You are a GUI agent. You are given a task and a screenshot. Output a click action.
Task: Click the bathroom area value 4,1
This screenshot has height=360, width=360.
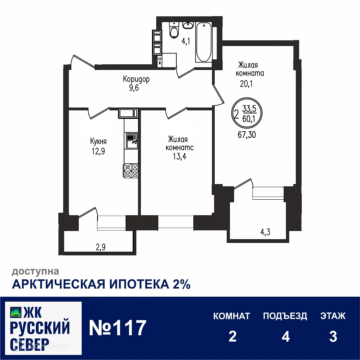[x=186, y=42]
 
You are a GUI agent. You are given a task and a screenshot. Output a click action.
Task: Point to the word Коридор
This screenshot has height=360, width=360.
[x=136, y=79]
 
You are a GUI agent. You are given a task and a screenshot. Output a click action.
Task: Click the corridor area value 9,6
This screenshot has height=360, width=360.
[x=136, y=89]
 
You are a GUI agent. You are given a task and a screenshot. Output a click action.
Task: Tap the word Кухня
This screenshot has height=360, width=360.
[x=98, y=141]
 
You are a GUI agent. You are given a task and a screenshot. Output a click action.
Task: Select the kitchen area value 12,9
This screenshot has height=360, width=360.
[x=98, y=151]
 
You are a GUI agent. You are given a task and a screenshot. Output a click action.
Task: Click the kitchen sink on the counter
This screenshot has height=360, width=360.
[x=131, y=138]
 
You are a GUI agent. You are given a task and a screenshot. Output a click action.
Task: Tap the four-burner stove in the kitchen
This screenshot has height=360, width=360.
[x=131, y=170]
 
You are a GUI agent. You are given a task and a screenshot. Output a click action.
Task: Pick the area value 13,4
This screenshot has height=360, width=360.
[x=177, y=157]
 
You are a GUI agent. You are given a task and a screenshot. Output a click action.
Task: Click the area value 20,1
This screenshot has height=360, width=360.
[x=246, y=84]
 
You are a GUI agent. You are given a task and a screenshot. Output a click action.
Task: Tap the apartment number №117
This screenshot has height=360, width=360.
[x=118, y=328]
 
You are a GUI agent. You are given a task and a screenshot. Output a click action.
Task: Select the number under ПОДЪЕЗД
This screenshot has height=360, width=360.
[x=285, y=337]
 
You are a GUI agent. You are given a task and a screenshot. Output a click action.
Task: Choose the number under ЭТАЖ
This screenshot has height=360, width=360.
[x=333, y=337]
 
